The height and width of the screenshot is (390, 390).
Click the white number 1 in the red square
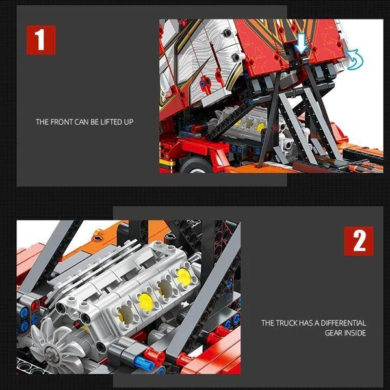[41, 40]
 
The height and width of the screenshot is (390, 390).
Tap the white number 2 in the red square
[359, 241]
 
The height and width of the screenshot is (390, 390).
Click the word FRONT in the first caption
[63, 122]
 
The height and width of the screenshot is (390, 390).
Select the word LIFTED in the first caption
[112, 122]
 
